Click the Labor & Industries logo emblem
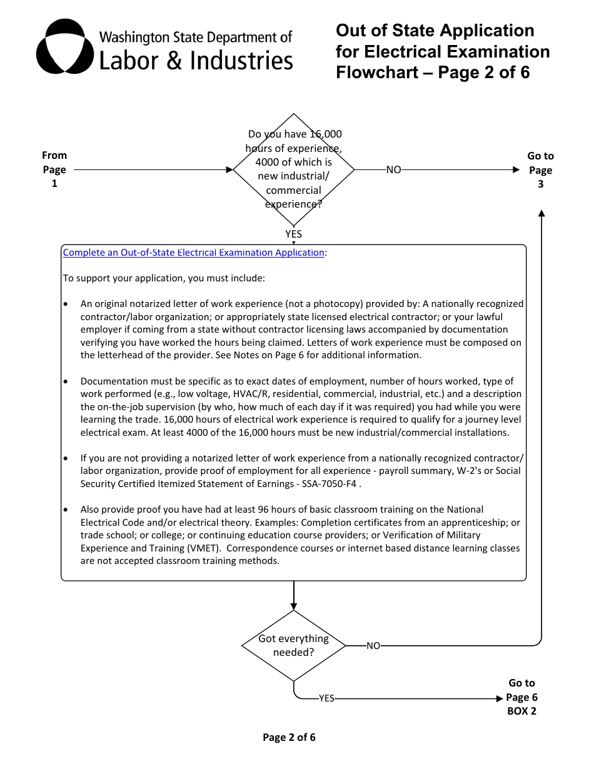(x=64, y=46)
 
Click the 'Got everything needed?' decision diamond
(x=293, y=645)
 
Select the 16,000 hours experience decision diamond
(x=293, y=169)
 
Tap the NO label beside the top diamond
(x=393, y=169)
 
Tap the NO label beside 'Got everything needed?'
(x=373, y=646)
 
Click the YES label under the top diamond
(x=293, y=234)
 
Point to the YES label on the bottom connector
(x=326, y=698)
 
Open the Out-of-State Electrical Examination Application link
(x=194, y=253)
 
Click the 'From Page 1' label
(x=54, y=169)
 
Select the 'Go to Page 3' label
(x=540, y=170)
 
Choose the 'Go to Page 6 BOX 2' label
(x=521, y=697)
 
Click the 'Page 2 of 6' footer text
(x=289, y=737)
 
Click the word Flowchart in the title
(x=376, y=73)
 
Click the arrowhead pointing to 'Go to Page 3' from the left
(x=516, y=169)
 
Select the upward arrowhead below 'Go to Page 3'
(x=541, y=214)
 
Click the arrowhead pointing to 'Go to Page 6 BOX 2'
(x=500, y=698)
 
